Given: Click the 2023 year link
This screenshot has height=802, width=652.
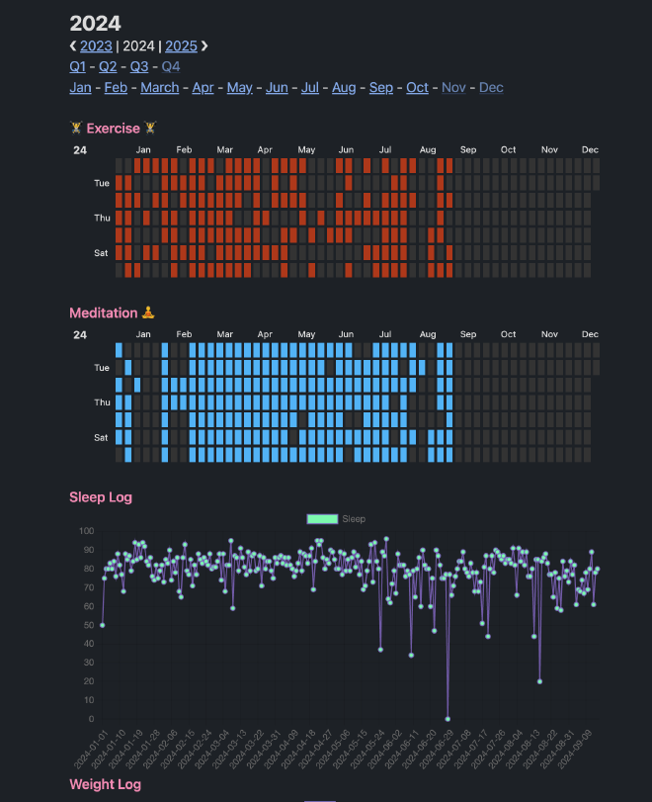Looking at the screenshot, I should click(x=96, y=45).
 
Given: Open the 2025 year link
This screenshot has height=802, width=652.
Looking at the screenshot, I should click(x=181, y=45).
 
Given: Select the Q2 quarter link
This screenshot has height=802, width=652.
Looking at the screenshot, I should click(x=108, y=66).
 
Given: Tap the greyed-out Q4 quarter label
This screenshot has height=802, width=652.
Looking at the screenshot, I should click(x=171, y=66).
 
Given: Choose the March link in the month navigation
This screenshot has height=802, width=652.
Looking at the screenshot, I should click(x=160, y=88).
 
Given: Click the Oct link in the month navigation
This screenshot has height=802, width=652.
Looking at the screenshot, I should click(x=417, y=88).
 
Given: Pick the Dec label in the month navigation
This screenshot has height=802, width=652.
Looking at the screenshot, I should click(x=491, y=88).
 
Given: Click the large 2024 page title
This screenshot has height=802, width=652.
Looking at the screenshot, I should click(x=95, y=23).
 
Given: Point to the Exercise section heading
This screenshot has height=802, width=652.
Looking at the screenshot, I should click(x=113, y=128).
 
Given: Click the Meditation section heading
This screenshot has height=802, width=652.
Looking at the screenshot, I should click(x=104, y=312).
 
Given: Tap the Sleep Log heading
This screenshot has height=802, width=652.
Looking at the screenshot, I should click(x=101, y=496).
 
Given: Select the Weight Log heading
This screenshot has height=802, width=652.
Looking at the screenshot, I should click(x=105, y=784).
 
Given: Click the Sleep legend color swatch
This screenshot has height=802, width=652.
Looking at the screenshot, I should click(x=322, y=518).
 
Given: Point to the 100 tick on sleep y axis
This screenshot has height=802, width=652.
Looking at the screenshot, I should click(x=86, y=530).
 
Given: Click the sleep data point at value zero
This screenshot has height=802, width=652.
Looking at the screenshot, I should click(x=448, y=719).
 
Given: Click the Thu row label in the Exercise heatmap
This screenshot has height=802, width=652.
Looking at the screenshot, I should click(x=102, y=218).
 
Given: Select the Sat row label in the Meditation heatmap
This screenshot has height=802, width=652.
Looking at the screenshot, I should click(x=102, y=437).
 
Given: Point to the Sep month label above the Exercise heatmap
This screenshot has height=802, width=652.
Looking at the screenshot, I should click(x=467, y=150).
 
